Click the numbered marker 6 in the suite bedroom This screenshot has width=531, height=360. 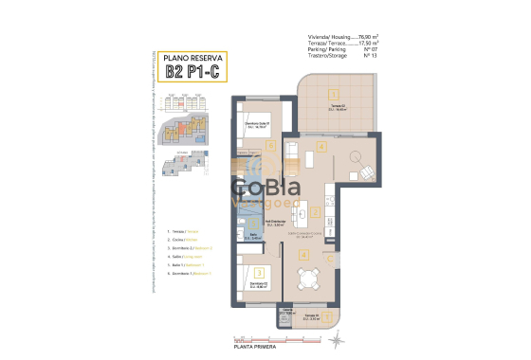click(x=270, y=145)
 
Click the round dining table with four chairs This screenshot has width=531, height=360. click(x=305, y=279)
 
